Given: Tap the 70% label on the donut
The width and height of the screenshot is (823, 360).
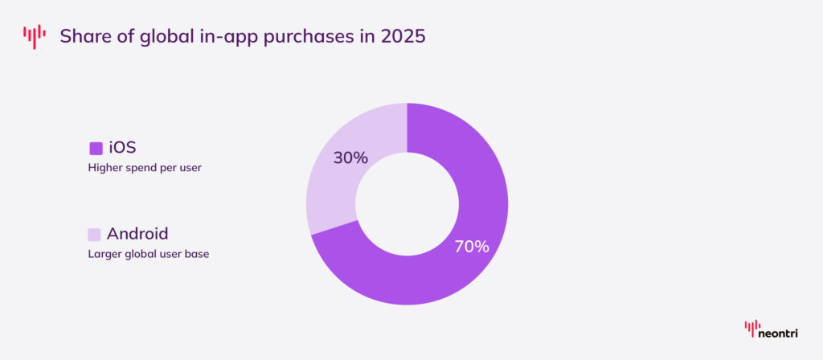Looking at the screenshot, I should (x=472, y=247).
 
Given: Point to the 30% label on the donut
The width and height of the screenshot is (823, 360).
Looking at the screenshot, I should (x=350, y=157).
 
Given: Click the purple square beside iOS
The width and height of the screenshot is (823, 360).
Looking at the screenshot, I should (x=96, y=148).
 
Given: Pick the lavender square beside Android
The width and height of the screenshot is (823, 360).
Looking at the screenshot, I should (x=95, y=235).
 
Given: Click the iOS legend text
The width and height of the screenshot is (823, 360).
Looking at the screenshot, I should (x=122, y=147).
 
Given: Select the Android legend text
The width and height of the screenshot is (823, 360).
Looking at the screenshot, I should (x=137, y=234).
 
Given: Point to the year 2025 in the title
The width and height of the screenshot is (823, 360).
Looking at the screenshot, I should (x=401, y=37).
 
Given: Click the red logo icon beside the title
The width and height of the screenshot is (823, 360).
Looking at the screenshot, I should (x=35, y=37).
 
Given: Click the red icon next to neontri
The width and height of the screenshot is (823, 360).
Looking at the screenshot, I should (x=751, y=329).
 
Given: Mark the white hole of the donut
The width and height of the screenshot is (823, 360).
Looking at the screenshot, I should (x=407, y=204).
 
